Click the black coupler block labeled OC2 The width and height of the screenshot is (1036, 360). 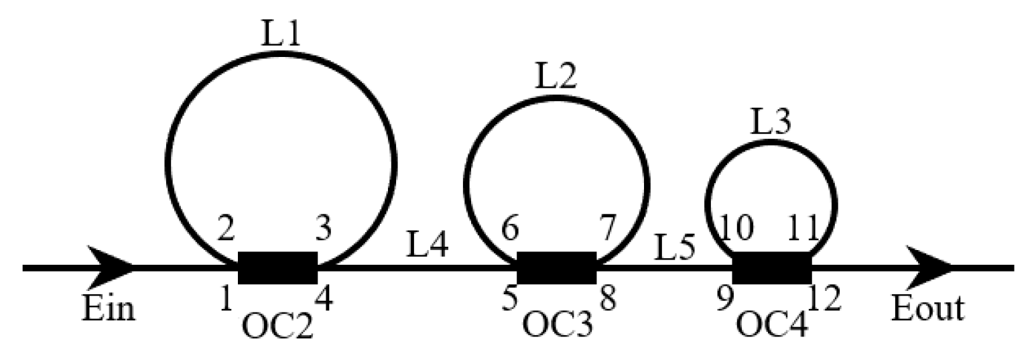click(277, 267)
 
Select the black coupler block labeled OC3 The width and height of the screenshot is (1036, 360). click(556, 267)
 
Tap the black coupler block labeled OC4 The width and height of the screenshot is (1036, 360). click(772, 267)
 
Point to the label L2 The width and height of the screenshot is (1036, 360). click(556, 79)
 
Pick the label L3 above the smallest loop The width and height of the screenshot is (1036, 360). click(770, 122)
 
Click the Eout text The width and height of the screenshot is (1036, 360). click(928, 309)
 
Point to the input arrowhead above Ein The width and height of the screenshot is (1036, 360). click(111, 267)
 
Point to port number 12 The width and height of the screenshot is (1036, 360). click(824, 299)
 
